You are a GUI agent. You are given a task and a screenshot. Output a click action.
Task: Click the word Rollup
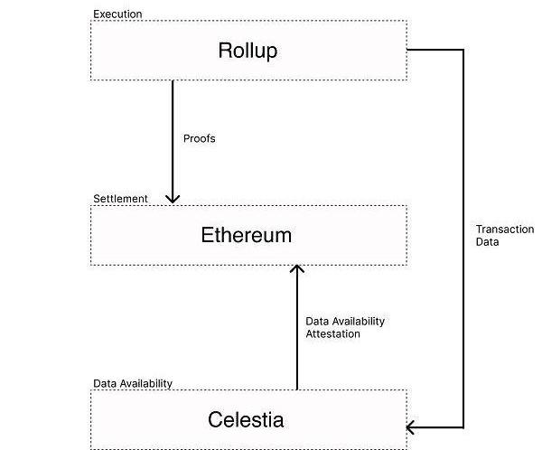(247, 51)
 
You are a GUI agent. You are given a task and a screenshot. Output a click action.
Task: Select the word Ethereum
(246, 236)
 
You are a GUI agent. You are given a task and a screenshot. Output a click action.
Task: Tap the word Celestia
(246, 420)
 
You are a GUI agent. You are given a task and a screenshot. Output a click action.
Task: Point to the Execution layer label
(117, 14)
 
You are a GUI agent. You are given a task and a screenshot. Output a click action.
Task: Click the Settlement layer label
(120, 199)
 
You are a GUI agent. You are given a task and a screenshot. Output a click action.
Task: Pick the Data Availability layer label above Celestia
(133, 383)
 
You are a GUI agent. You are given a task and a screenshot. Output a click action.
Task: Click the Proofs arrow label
(200, 139)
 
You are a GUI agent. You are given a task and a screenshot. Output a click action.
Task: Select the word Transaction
(505, 230)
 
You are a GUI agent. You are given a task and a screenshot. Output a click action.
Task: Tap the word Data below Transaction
(488, 242)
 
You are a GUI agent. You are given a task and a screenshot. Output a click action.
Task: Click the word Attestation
(332, 334)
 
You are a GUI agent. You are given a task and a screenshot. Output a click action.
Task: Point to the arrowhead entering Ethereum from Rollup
(173, 198)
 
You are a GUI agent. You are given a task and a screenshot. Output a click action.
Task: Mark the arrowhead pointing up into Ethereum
(297, 269)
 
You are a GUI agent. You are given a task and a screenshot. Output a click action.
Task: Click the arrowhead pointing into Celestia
(412, 427)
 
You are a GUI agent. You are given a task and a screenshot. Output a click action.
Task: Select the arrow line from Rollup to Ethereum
(173, 136)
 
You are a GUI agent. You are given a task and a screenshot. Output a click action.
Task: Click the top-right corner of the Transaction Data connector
(463, 50)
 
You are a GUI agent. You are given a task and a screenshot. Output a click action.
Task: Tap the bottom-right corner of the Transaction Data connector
(463, 427)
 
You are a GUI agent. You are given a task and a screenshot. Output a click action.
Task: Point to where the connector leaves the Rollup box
(409, 50)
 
